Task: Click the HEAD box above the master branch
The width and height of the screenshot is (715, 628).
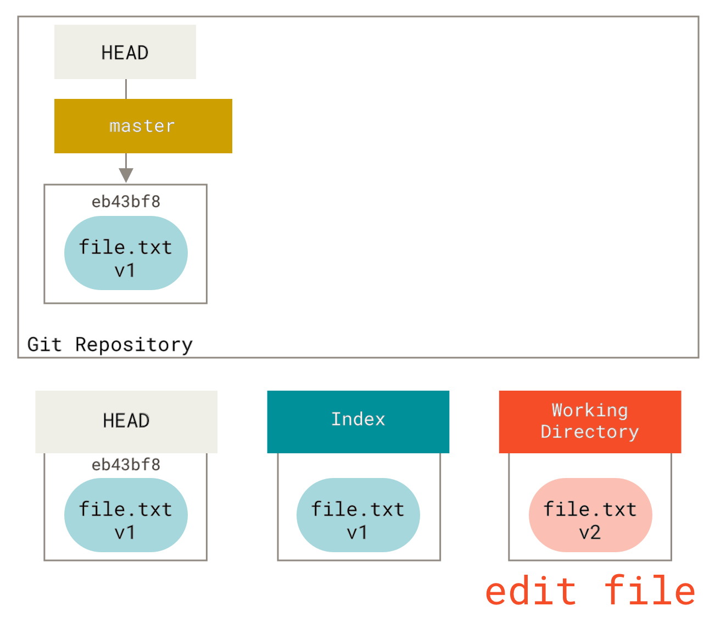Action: point(125,52)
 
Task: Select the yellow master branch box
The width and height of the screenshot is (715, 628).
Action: point(143,126)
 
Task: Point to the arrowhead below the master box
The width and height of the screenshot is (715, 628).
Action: point(126,175)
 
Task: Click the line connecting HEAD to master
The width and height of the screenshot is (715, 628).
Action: point(126,89)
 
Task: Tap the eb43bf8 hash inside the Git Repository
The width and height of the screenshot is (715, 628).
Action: point(126,202)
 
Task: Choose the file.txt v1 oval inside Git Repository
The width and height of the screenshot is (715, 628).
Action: point(126,253)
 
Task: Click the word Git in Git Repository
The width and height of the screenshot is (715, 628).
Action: point(45,344)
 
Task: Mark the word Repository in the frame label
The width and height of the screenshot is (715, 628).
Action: point(135,345)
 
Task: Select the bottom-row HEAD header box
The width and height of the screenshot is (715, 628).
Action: point(126,421)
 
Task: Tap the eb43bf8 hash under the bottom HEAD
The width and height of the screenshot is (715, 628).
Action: point(126,464)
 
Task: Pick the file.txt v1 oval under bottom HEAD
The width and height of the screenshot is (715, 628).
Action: point(126,515)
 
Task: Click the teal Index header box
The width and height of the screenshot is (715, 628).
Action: point(358,421)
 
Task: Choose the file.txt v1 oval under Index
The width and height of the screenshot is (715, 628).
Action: point(358,515)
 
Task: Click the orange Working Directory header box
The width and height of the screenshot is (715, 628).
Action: point(590,421)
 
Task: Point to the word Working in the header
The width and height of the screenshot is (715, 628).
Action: point(590,410)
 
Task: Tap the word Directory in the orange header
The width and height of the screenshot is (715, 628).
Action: point(590,432)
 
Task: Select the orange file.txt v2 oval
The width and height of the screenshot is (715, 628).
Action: point(590,515)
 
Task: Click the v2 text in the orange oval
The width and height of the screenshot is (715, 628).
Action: point(590,532)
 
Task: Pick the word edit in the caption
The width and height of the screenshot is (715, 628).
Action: point(530,591)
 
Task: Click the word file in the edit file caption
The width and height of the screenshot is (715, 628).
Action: point(650,591)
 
